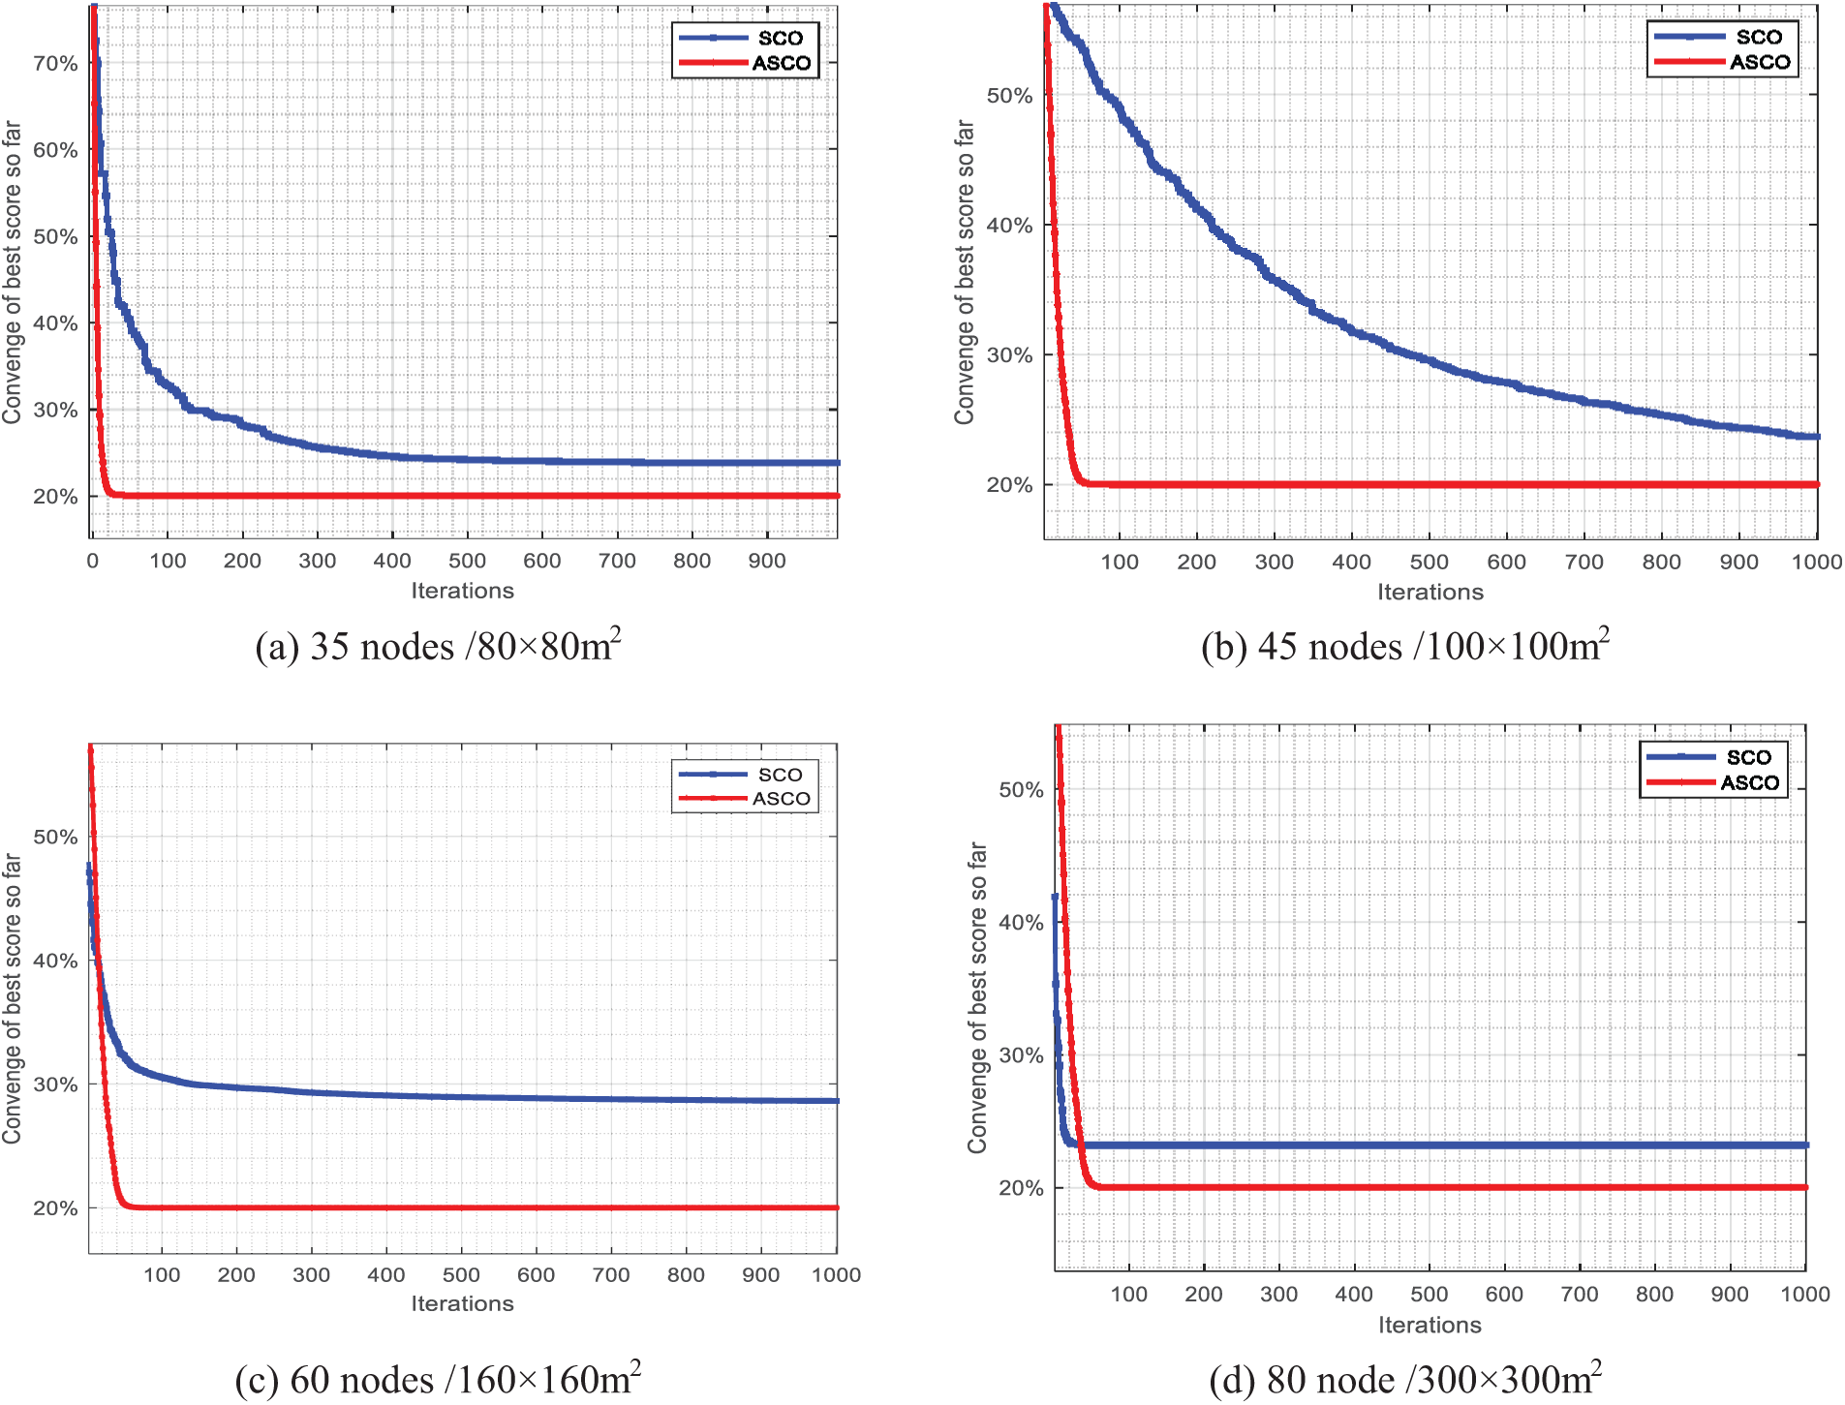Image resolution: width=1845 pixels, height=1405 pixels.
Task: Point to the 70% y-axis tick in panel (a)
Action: coord(55,64)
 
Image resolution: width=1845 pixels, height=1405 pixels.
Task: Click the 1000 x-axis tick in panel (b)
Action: coord(1816,563)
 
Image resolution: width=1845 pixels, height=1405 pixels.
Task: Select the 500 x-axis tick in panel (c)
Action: coord(461,1275)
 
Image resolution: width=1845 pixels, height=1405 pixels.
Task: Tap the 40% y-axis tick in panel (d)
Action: coord(1021,923)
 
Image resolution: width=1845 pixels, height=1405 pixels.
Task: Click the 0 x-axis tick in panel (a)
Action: coord(93,562)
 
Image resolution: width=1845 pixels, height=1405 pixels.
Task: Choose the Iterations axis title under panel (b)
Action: coord(1430,593)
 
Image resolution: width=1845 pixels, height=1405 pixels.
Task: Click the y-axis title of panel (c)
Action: coord(13,998)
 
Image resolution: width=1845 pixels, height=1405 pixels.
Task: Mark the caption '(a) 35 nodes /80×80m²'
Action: coord(438,646)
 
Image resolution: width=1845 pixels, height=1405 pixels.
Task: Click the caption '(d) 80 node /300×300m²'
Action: coord(1405,1380)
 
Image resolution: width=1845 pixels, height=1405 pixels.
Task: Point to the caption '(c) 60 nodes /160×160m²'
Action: coord(438,1380)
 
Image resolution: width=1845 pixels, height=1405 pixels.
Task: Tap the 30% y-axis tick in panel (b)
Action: coord(1009,355)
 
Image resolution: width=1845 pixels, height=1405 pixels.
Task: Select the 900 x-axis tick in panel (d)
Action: coord(1729,1295)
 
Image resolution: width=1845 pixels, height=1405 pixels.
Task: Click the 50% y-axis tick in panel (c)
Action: coord(55,838)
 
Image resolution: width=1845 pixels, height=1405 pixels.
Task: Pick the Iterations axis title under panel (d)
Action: coord(1430,1326)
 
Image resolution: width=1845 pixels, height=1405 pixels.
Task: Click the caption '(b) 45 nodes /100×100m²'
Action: coord(1405,646)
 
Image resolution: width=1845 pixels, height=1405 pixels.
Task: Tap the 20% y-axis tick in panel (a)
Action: coord(55,497)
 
